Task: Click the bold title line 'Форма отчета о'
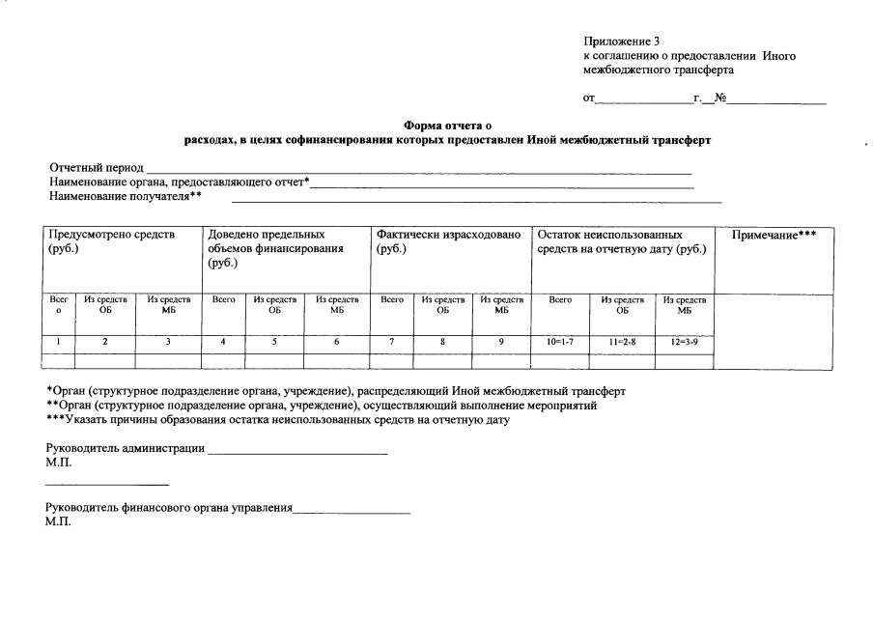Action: click(x=447, y=126)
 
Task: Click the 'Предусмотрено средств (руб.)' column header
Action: click(x=112, y=241)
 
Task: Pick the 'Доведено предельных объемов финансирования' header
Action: click(x=275, y=248)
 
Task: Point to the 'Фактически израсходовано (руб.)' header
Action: click(x=448, y=241)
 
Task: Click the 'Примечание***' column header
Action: click(x=774, y=236)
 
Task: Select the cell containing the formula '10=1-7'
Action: click(x=560, y=342)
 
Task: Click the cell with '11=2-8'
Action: click(x=622, y=342)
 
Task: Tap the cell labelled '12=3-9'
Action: click(x=684, y=342)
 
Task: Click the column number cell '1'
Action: click(x=58, y=342)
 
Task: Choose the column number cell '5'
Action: click(x=274, y=342)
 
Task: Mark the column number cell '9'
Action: click(x=500, y=342)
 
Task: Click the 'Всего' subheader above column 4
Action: click(x=223, y=300)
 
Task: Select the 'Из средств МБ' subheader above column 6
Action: click(x=336, y=305)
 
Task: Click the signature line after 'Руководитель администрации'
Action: click(x=297, y=451)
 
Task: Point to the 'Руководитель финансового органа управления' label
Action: click(x=169, y=508)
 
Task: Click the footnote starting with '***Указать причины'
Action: click(x=277, y=420)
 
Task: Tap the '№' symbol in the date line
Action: click(x=719, y=98)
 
